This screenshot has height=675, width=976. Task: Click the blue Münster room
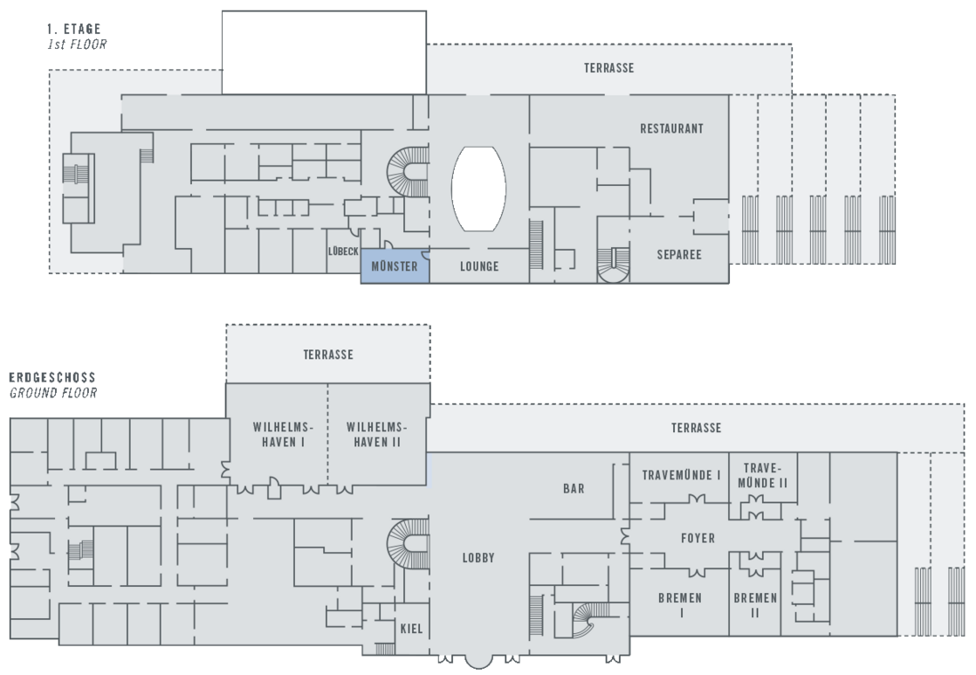click(395, 267)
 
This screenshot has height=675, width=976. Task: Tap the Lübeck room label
click(343, 251)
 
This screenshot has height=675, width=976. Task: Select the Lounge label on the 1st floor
click(479, 266)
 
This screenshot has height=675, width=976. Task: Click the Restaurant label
click(671, 128)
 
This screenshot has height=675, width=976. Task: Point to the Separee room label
click(679, 255)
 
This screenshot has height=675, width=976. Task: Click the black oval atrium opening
click(478, 189)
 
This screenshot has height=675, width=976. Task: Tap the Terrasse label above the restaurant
click(608, 68)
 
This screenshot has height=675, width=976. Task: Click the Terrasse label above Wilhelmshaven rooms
click(328, 355)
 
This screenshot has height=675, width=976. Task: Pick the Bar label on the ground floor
click(574, 489)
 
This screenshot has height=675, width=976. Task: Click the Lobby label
click(478, 558)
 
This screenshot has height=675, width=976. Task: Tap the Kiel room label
click(410, 629)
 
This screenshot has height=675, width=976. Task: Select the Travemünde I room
click(681, 476)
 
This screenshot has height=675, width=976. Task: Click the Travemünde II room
click(762, 476)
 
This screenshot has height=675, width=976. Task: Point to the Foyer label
click(698, 539)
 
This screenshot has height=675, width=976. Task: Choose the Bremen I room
click(681, 605)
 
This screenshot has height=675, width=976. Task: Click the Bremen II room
click(755, 605)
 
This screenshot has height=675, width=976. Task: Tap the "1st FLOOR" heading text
click(76, 43)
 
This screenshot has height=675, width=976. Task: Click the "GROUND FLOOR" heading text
click(52, 393)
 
